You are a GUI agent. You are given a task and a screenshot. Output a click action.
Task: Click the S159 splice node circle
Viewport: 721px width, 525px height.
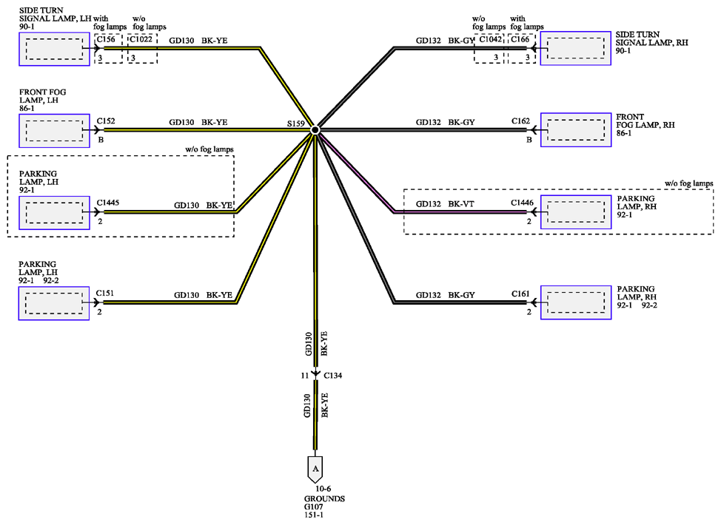click(315, 130)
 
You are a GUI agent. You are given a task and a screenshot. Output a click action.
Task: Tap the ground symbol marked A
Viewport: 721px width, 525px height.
click(315, 469)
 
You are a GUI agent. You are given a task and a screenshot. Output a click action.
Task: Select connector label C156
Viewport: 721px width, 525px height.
click(106, 39)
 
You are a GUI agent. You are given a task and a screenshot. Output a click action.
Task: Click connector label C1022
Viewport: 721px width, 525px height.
click(141, 39)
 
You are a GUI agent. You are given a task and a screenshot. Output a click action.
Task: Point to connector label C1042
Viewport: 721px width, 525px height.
click(491, 39)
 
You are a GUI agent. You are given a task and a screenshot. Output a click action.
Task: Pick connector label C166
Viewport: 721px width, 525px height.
click(520, 39)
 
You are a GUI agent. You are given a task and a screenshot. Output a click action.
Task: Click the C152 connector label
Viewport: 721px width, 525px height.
click(106, 121)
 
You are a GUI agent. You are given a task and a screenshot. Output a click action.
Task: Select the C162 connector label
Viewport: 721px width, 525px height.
click(520, 121)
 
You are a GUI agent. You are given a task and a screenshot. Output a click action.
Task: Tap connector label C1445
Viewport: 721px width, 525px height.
click(108, 203)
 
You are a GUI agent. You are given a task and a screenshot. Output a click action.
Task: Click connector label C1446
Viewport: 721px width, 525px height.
click(523, 203)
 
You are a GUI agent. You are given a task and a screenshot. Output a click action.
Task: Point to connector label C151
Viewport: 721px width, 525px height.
click(105, 293)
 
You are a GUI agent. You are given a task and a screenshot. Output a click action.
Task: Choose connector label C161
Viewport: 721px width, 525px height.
click(520, 294)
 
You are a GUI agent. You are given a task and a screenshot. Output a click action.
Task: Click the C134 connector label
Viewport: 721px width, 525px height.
click(333, 376)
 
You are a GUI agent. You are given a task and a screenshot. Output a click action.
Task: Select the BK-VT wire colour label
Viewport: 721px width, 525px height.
click(461, 204)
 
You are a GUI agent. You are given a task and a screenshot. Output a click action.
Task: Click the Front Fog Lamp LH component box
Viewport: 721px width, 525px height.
click(54, 131)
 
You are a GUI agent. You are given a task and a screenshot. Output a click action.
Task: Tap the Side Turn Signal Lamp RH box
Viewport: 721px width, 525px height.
click(576, 48)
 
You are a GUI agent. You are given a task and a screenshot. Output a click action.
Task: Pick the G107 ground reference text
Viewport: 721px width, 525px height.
click(314, 507)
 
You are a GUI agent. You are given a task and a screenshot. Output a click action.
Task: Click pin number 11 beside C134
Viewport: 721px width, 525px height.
click(305, 376)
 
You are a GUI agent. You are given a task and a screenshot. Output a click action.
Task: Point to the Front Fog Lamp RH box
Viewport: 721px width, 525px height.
click(576, 130)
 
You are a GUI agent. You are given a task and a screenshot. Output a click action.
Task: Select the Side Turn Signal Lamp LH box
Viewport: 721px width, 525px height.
click(54, 49)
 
